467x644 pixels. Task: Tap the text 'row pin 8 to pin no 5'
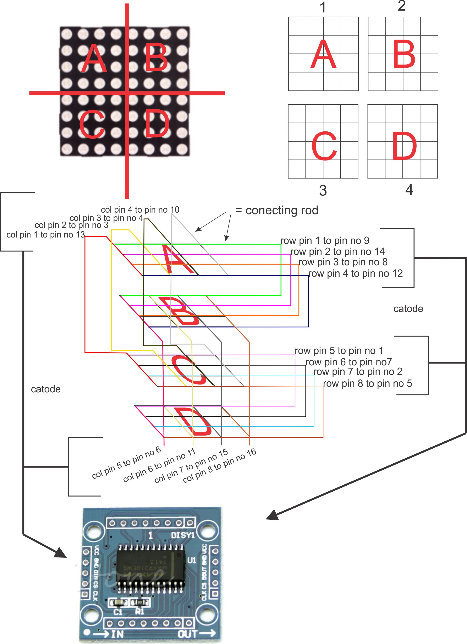pyautogui.click(x=367, y=383)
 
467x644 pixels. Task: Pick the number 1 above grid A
pyautogui.click(x=323, y=8)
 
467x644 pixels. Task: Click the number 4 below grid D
pyautogui.click(x=409, y=190)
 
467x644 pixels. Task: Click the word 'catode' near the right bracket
pyautogui.click(x=408, y=309)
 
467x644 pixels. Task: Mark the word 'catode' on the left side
pyautogui.click(x=46, y=389)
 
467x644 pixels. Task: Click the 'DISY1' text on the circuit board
pyautogui.click(x=182, y=535)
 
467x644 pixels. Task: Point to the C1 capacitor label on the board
pyautogui.click(x=118, y=611)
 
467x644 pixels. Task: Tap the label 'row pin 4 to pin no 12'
pyautogui.click(x=355, y=273)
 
